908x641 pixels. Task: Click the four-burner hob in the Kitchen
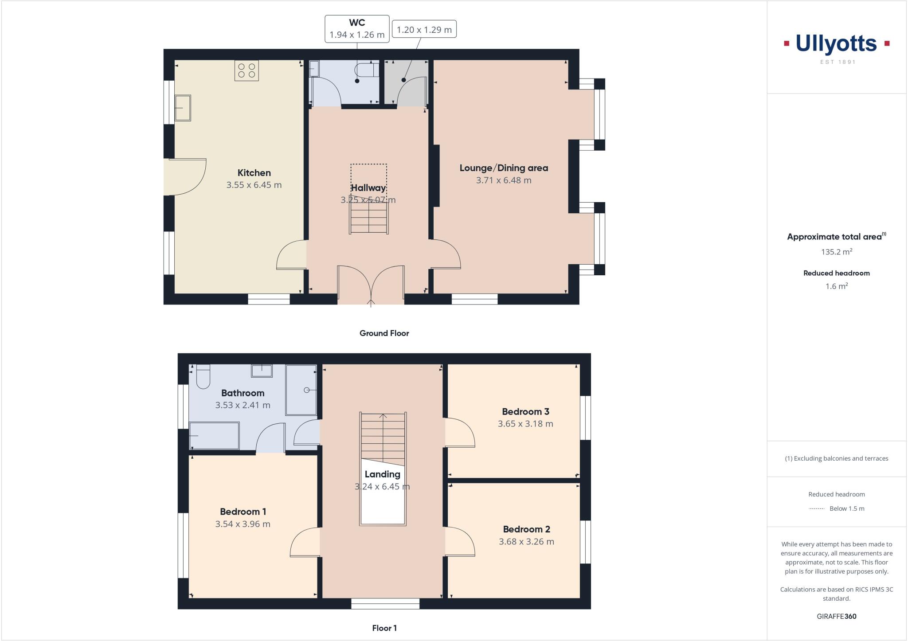coord(247,71)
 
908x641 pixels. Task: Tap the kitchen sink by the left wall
coord(182,108)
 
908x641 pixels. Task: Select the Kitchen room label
coord(254,173)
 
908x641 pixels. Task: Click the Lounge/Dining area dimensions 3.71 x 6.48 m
coord(504,180)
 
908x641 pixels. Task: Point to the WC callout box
coord(357,29)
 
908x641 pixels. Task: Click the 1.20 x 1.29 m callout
coord(424,30)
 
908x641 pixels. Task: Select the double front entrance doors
coord(371,284)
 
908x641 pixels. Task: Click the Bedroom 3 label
coord(525,412)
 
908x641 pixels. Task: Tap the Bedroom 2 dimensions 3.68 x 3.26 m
coord(526,542)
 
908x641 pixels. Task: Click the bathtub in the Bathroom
coord(214,435)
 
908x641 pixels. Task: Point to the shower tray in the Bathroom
coord(301,390)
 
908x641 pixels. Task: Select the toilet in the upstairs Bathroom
coord(203,376)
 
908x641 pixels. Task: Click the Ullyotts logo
coord(836,44)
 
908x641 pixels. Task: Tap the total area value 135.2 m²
coord(836,252)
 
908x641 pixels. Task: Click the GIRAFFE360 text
coord(836,616)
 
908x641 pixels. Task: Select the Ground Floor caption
coord(384,333)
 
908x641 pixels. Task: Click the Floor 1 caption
coord(384,628)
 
